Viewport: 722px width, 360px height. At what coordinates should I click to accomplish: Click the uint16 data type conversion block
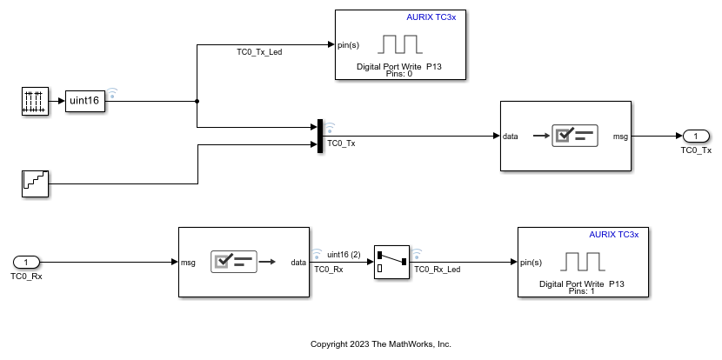(84, 101)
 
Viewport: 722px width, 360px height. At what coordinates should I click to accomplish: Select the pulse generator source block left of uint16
(35, 101)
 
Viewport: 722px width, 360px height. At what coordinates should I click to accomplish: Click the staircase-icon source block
(35, 183)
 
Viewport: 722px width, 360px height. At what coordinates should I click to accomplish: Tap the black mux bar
(321, 136)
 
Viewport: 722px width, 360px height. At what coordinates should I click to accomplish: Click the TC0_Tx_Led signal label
(259, 52)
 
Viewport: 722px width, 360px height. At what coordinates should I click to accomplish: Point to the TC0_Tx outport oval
(696, 136)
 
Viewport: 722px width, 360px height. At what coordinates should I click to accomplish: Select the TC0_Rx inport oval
(26, 262)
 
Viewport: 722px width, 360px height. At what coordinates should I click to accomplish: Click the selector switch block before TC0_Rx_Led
(392, 262)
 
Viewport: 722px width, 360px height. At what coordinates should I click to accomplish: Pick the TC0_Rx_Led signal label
(438, 270)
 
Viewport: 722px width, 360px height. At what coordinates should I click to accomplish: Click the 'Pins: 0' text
(398, 74)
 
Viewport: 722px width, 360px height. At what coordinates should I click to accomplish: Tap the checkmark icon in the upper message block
(574, 136)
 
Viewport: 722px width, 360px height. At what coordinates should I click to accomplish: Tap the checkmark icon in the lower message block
(233, 262)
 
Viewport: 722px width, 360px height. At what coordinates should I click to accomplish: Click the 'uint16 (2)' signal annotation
(344, 254)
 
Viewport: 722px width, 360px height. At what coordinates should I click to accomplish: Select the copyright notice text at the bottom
(381, 344)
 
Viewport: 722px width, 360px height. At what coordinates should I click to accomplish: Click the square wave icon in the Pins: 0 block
(399, 44)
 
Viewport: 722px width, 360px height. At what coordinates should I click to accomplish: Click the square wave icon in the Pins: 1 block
(582, 261)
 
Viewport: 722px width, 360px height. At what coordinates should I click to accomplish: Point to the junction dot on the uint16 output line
(197, 101)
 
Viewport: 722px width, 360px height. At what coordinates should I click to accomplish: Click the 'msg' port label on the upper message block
(620, 136)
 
